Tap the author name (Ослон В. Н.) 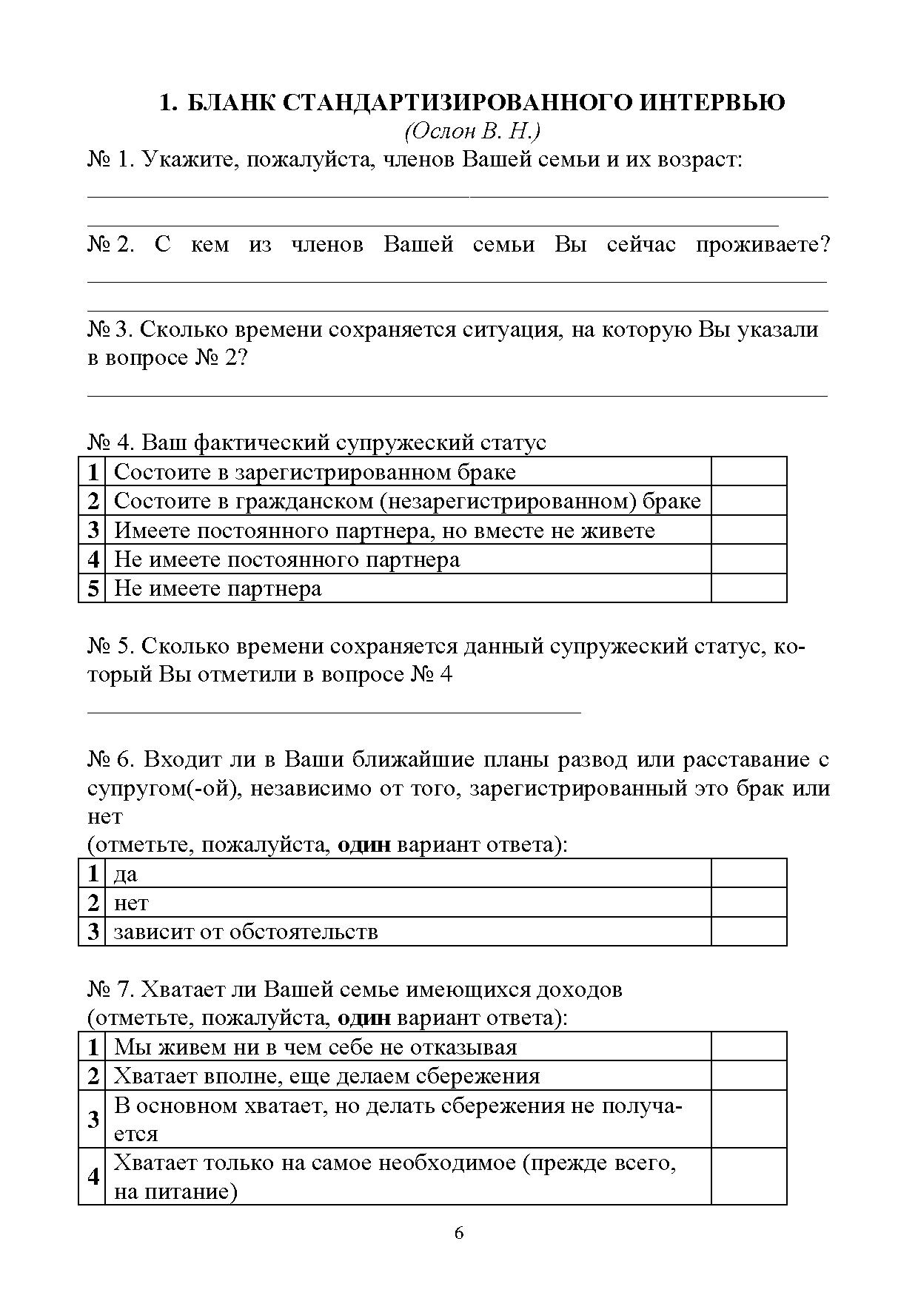coord(472,131)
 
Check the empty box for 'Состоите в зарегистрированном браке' coord(748,471)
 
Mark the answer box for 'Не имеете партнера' coord(748,588)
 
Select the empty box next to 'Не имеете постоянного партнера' coord(748,559)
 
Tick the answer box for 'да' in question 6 coord(748,873)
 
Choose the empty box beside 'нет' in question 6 coord(748,902)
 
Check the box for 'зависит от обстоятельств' coord(748,931)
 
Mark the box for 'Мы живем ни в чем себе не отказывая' coord(748,1046)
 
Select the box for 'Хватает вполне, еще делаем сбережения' coord(748,1075)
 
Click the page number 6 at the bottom coord(459,1233)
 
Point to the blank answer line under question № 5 coord(334,713)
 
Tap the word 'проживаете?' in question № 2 coord(763,245)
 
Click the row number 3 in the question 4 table coord(93,530)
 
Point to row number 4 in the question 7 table coord(93,1176)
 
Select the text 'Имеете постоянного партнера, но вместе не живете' coord(384,531)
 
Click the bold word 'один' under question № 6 coord(363,844)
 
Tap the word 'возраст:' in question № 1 coord(695,159)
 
